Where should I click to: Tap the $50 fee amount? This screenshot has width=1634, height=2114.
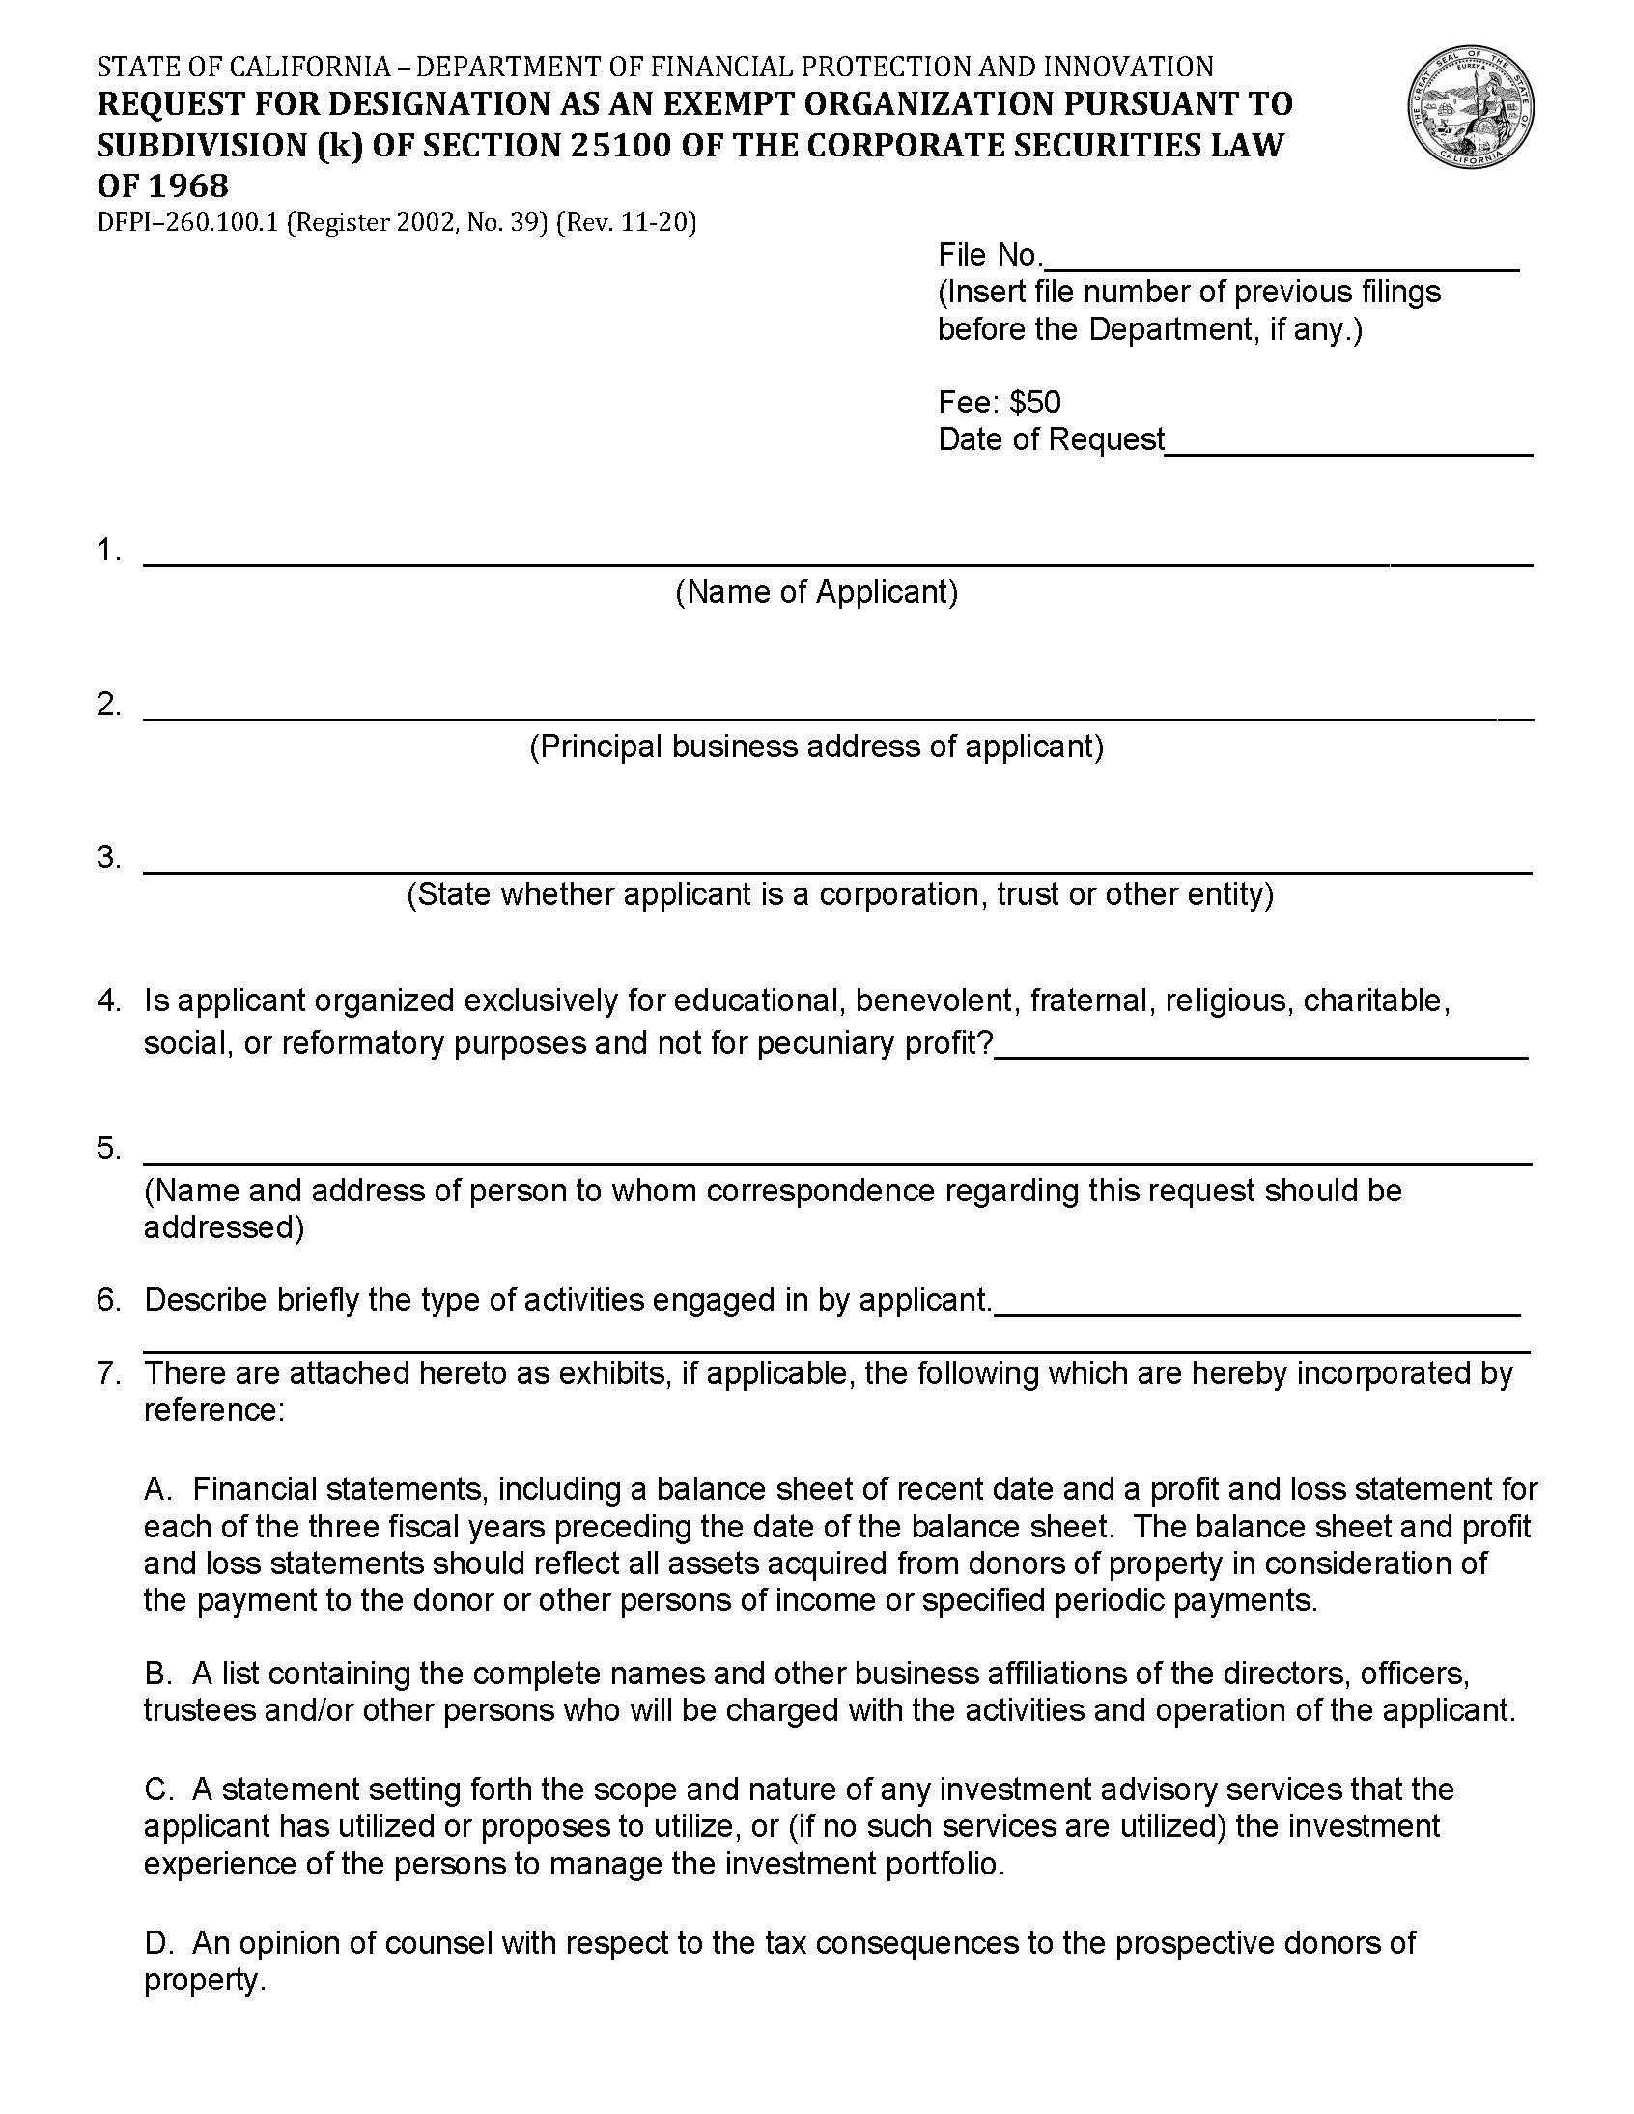click(x=1035, y=402)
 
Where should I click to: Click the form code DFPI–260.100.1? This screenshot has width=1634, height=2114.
click(x=187, y=223)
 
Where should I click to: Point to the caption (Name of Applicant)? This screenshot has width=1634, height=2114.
click(x=816, y=591)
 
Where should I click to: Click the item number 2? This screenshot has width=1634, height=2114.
click(x=108, y=705)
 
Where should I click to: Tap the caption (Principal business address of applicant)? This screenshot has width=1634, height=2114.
click(x=816, y=747)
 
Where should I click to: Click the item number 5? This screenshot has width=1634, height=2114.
click(x=108, y=1149)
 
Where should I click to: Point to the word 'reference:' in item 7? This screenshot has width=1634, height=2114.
click(x=214, y=1409)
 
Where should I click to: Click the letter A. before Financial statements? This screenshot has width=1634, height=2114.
click(x=157, y=1489)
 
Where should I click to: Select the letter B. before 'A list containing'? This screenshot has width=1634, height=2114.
click(x=157, y=1673)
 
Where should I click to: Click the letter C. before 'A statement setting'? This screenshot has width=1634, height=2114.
click(x=157, y=1789)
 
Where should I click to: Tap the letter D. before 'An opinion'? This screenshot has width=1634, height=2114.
click(x=157, y=1942)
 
